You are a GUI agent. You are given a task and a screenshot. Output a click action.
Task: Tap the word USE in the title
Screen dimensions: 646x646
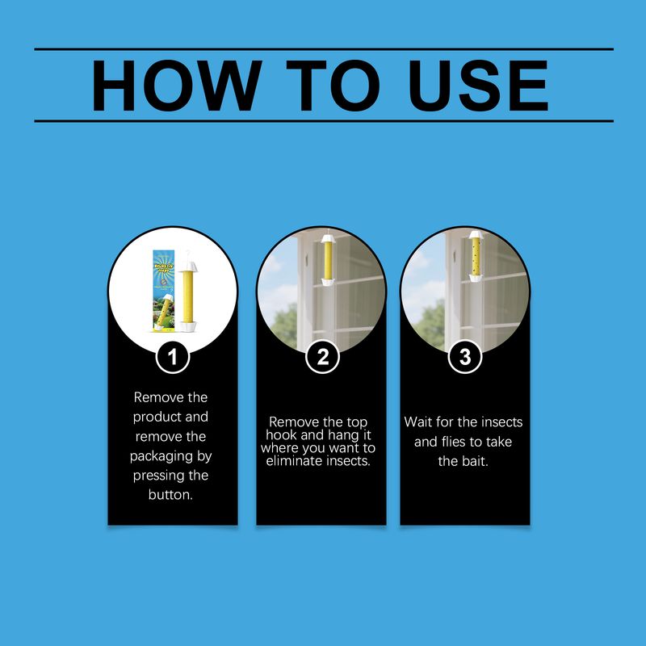(x=478, y=86)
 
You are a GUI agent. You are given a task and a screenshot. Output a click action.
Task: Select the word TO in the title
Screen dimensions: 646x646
(x=333, y=86)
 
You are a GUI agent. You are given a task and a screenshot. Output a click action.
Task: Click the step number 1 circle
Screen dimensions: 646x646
(x=173, y=357)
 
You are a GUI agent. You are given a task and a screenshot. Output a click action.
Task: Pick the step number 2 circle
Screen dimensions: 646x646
(x=322, y=357)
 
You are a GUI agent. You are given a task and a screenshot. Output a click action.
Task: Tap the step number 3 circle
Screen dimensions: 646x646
(x=465, y=357)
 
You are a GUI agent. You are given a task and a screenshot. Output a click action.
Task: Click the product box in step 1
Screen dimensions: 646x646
(x=164, y=291)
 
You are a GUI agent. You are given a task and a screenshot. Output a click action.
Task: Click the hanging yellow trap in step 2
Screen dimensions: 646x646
(x=328, y=260)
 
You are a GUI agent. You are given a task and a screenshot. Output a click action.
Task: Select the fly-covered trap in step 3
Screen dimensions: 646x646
(x=476, y=256)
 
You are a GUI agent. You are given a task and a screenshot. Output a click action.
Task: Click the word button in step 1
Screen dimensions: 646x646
(x=170, y=494)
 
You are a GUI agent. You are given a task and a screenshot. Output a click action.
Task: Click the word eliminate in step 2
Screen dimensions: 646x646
(x=294, y=460)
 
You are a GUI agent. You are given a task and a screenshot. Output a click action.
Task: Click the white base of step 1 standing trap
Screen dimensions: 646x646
(x=187, y=327)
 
